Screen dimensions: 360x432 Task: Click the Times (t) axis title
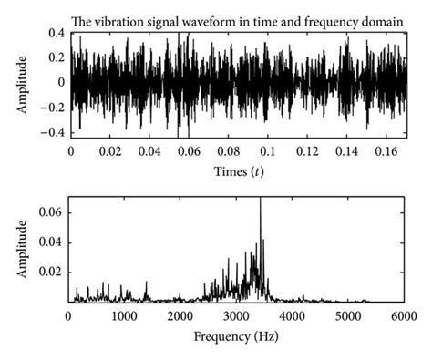coord(238,171)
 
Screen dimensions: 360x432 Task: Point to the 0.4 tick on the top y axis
coord(56,34)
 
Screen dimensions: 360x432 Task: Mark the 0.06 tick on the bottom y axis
coord(52,211)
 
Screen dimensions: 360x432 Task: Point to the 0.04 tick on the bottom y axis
coord(52,242)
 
